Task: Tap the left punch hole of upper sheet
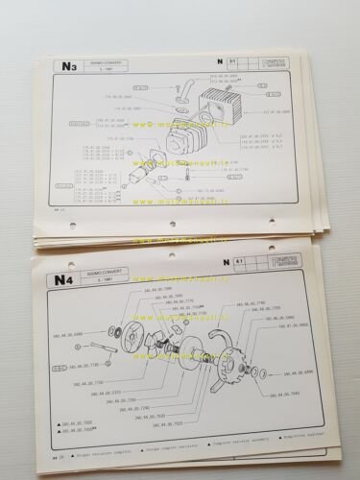(x=76, y=226)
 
